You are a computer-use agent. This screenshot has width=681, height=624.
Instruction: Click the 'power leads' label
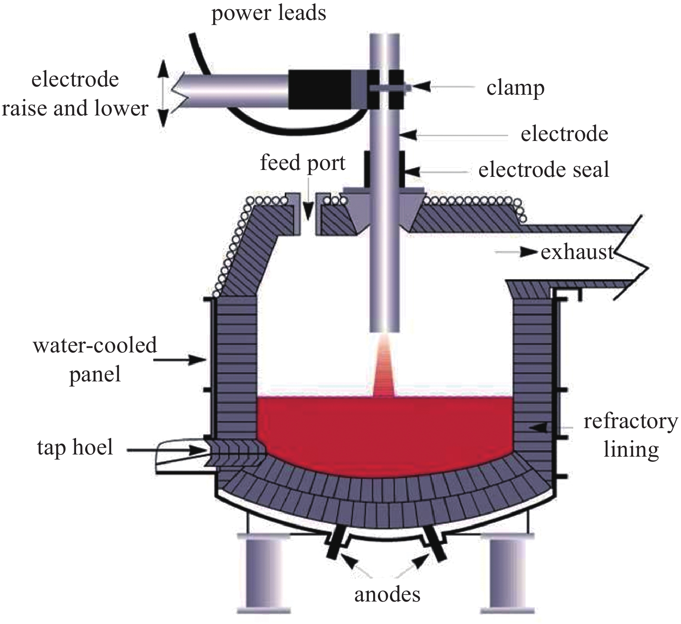coord(269,13)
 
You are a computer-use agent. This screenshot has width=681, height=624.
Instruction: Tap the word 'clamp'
coord(515,88)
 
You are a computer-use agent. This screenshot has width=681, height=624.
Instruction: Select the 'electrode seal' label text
coord(544,170)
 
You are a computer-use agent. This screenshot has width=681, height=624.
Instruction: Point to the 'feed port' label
coord(303,163)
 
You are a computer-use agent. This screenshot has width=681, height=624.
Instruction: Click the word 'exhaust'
coord(577,252)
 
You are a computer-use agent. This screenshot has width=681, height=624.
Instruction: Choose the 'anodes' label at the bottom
coord(387,595)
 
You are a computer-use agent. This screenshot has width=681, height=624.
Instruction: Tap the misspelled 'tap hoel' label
coord(75,447)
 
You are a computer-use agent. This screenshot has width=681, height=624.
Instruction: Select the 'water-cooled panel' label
coord(95,360)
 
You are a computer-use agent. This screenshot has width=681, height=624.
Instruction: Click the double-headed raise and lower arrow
coord(163,93)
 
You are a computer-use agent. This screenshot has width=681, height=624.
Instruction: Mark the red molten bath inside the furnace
coord(385,432)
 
